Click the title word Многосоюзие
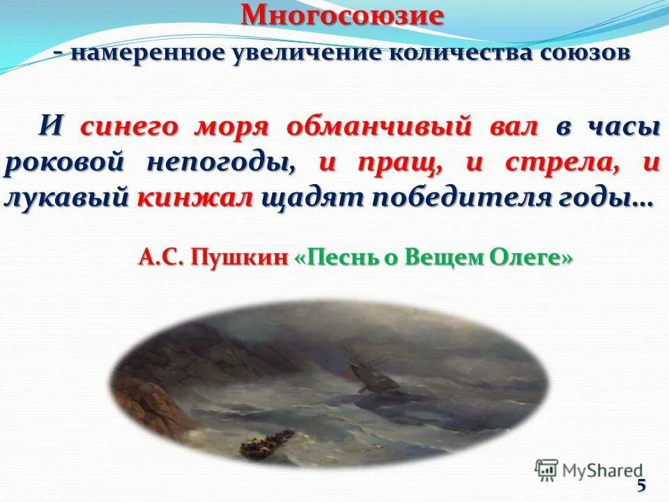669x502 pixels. [342, 15]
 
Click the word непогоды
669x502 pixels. [220, 164]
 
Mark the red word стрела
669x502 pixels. [557, 162]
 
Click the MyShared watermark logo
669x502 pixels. [589, 470]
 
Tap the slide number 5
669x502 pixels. [641, 486]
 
